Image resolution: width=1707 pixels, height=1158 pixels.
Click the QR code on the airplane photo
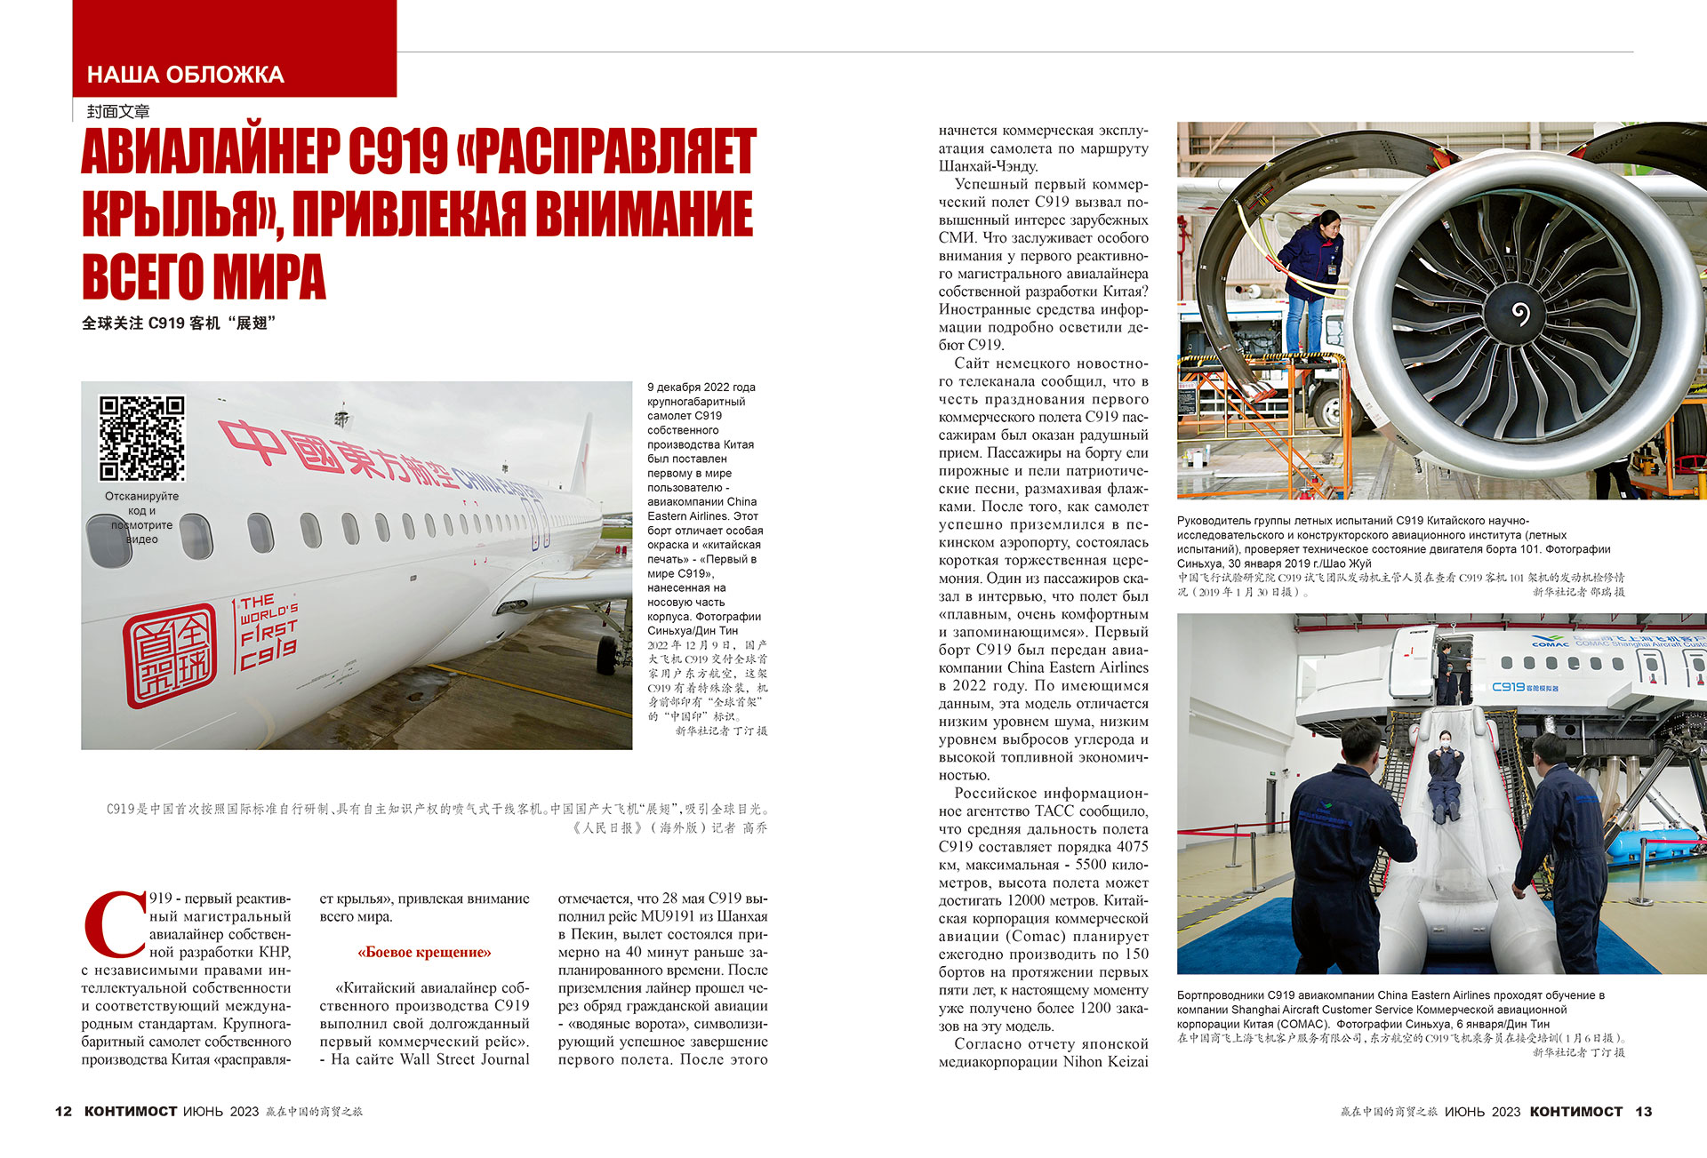142,438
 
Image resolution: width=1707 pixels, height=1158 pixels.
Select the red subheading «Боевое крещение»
424,953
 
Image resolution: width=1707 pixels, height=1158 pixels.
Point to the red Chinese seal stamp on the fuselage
170,655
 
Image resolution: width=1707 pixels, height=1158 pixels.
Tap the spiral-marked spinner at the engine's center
1520,313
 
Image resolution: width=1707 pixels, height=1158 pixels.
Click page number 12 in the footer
63,1112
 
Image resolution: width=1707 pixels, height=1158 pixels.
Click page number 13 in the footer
1643,1112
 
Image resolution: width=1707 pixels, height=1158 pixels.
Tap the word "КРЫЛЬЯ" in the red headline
177,214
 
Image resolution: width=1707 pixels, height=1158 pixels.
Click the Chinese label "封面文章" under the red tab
118,111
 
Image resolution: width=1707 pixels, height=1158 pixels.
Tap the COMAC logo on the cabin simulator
1551,643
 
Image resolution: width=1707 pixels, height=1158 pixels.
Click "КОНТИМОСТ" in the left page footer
131,1112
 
